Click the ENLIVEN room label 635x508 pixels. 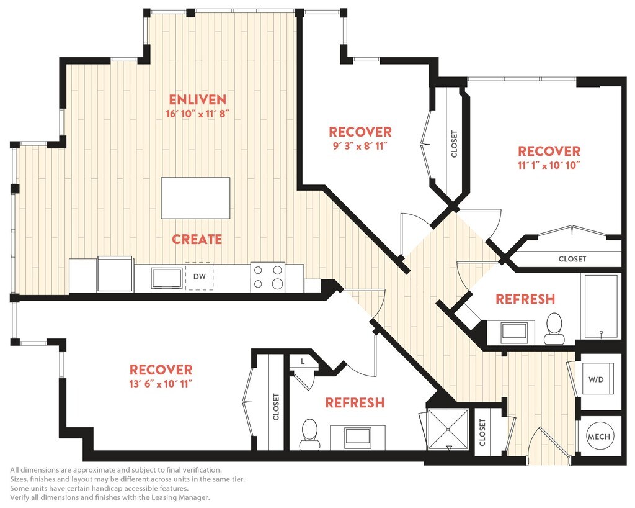pos(197,99)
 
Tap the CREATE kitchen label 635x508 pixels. pos(197,239)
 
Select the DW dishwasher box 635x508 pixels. pos(200,276)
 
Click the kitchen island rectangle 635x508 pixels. pos(195,198)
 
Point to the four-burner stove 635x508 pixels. pos(267,278)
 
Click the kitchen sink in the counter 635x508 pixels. pos(167,278)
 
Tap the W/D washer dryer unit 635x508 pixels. pos(596,379)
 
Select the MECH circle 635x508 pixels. pos(599,437)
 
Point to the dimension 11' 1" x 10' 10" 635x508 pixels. pos(549,165)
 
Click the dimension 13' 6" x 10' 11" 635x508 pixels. pos(161,384)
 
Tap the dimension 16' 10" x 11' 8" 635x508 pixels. pos(198,114)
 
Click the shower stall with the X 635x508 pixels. pos(448,429)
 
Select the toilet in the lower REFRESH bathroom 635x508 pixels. pos(309,434)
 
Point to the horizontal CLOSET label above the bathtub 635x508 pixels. pos(572,259)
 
